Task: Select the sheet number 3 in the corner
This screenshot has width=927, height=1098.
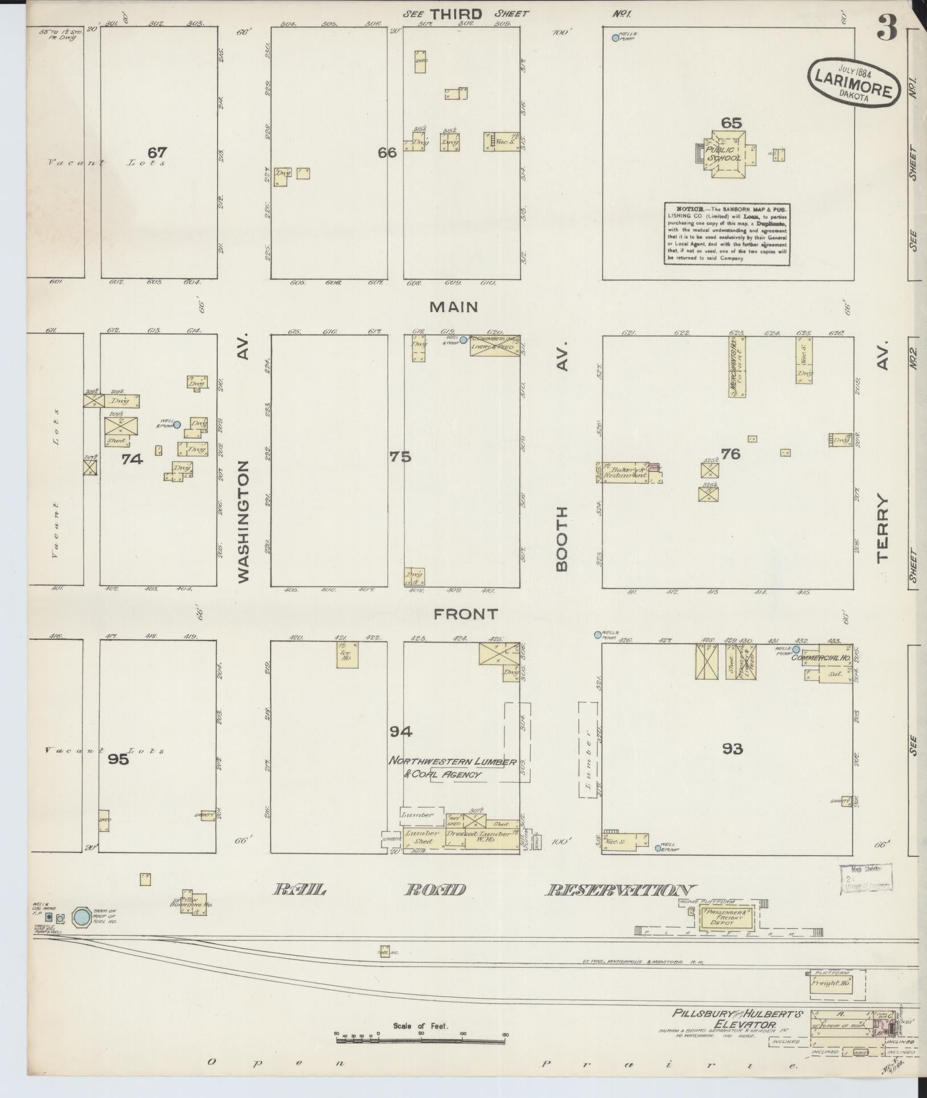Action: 887,28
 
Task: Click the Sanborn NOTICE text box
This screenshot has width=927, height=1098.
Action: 727,233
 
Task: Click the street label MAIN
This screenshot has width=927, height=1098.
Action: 453,307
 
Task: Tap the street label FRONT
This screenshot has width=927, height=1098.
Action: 466,614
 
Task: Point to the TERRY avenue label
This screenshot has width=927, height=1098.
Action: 882,529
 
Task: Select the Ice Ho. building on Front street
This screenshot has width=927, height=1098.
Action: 347,655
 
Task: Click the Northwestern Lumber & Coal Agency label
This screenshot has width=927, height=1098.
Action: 453,768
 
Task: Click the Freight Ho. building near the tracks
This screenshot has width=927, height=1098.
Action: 831,983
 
